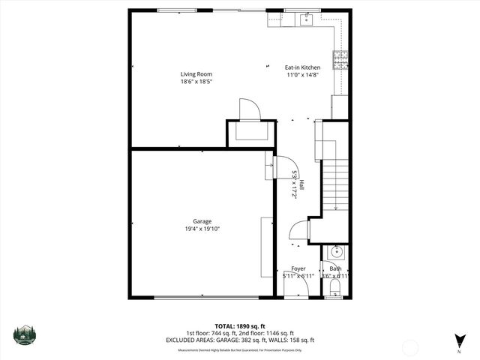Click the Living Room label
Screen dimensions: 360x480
pos(196,73)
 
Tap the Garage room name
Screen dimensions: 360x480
pos(202,221)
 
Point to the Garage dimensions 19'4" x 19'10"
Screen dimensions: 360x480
pos(202,229)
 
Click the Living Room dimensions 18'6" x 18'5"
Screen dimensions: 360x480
pos(196,82)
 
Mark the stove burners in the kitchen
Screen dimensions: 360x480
pos(340,58)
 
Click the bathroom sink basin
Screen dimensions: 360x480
pos(335,252)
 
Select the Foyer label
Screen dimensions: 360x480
pos(298,268)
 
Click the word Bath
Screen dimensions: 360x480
pos(335,268)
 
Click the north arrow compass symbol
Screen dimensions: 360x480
pos(458,340)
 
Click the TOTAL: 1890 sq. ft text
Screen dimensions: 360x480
pos(239,326)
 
